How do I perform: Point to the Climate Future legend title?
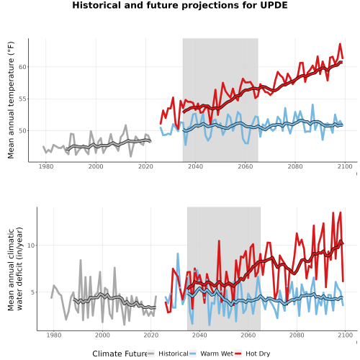point(120,354)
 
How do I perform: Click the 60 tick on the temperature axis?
point(22,67)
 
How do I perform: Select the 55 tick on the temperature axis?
point(22,99)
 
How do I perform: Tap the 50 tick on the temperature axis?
point(22,131)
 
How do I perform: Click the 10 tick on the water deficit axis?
point(31,246)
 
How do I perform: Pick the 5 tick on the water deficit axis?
point(33,292)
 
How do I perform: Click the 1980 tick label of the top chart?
point(46,166)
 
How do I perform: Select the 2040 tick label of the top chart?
point(195,166)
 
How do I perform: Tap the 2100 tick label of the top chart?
point(345,166)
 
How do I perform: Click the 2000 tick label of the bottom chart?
point(102,335)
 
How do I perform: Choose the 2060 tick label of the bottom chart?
point(248,335)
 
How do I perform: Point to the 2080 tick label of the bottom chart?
point(297,335)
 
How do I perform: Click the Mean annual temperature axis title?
point(11,100)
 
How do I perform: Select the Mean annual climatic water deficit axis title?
point(15,269)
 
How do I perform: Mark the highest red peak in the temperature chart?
point(340,44)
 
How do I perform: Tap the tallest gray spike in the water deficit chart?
point(81,260)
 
